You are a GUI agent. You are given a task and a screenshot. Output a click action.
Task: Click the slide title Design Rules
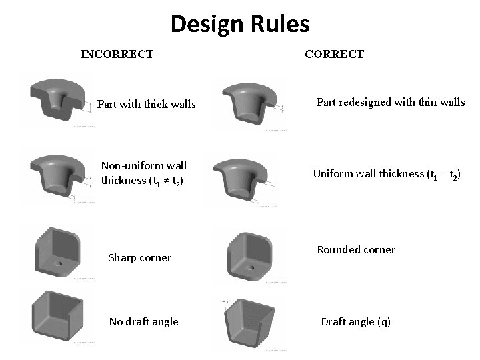[x=240, y=24]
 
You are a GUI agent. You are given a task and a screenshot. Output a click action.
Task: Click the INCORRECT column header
[x=117, y=54]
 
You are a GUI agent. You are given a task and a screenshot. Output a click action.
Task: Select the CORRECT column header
[x=334, y=54]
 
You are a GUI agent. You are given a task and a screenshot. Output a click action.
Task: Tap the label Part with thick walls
[x=146, y=104]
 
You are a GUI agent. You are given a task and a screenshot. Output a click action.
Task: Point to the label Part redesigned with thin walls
[x=390, y=102]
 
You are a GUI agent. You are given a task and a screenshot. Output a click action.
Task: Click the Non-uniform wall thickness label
[x=143, y=173]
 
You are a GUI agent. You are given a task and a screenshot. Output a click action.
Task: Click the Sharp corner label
[x=139, y=257]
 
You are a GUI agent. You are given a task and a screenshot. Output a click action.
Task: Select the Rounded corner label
[x=356, y=250]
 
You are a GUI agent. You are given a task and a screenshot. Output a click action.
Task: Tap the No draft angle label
[x=143, y=321]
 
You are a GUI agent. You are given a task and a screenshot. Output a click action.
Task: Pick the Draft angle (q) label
[x=355, y=321]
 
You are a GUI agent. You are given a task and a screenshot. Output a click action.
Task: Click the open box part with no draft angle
[x=56, y=316]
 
